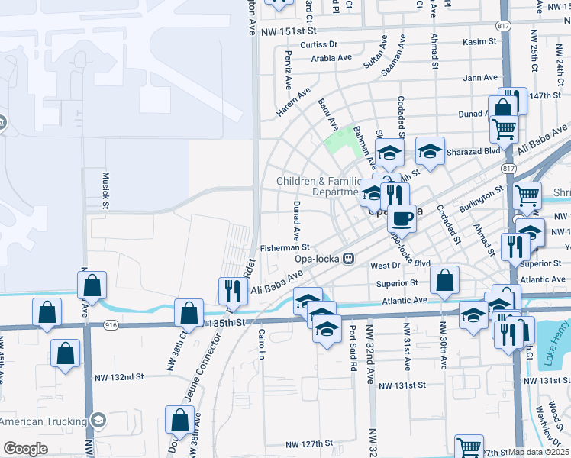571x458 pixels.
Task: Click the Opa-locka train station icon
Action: [x=349, y=258]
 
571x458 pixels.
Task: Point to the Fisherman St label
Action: [x=284, y=247]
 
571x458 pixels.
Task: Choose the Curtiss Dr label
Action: [x=318, y=45]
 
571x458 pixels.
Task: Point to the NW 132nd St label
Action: [x=119, y=377]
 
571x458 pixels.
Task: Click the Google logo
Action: [x=25, y=449]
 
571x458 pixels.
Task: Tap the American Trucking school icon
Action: [x=98, y=421]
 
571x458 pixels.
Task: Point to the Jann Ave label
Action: [x=480, y=78]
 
